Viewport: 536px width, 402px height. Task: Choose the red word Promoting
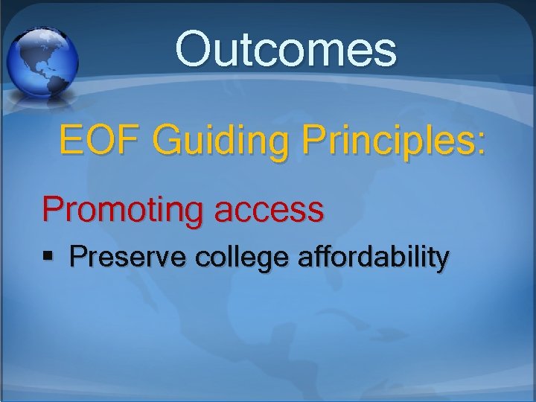(121, 210)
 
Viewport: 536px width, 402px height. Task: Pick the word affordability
(373, 258)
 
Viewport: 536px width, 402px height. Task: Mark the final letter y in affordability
(442, 261)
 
